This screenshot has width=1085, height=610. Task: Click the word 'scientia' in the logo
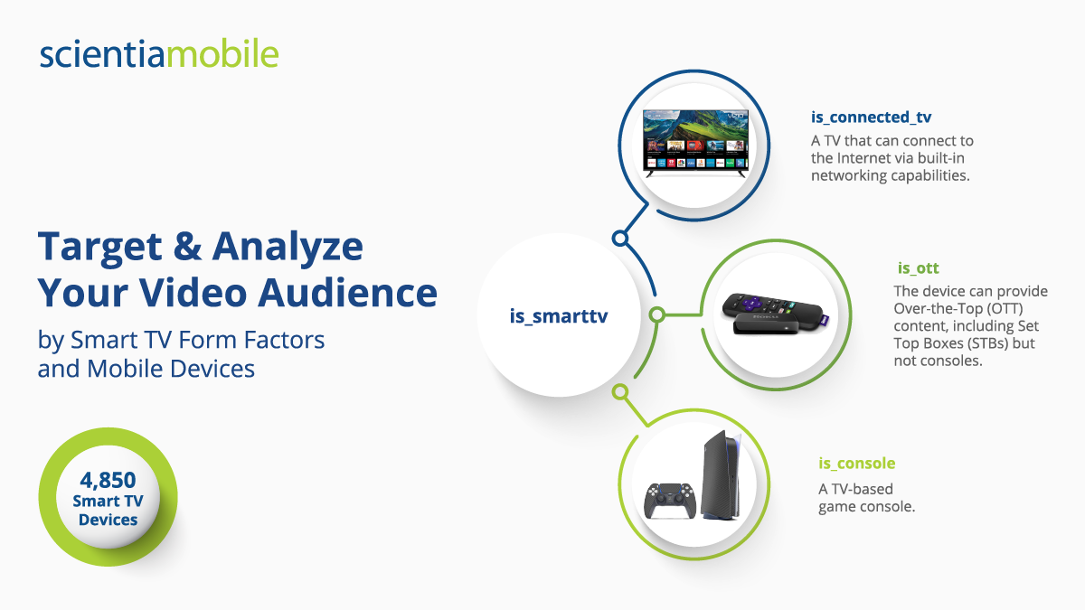(103, 53)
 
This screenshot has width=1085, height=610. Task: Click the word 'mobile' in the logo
(222, 53)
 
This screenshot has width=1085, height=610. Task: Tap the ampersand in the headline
(187, 246)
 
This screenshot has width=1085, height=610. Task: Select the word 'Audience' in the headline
(347, 293)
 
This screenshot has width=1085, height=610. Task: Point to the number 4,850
(108, 480)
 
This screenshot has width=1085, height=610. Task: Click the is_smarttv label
(559, 316)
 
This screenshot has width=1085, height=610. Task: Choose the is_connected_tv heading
(871, 117)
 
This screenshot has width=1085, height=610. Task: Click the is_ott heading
(918, 267)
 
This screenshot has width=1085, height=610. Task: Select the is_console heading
(857, 464)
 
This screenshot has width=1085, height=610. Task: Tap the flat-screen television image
(695, 143)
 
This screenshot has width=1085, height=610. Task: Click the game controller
(669, 501)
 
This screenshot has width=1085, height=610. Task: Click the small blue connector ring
(620, 239)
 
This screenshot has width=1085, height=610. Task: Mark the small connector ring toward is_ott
(656, 314)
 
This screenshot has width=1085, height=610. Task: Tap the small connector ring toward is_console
(620, 391)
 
